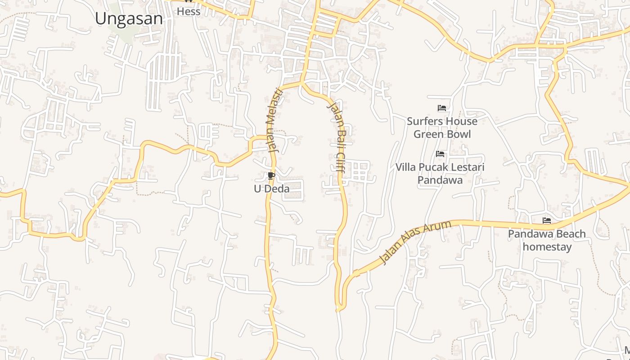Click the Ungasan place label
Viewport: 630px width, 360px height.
[129, 18]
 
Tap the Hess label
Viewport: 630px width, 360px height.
[189, 12]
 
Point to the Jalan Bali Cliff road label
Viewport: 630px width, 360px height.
[336, 138]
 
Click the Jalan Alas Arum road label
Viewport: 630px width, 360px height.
[415, 243]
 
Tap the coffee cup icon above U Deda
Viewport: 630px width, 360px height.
[271, 175]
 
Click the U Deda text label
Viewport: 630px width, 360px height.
[271, 189]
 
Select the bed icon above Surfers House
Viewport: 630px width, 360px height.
[442, 108]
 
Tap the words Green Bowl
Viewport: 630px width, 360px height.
[442, 134]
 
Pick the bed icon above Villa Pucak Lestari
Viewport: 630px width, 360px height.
[440, 154]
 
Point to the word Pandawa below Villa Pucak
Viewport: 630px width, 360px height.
[440, 180]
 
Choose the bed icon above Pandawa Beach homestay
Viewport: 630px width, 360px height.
[547, 220]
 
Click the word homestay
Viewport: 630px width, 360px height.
[547, 247]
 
